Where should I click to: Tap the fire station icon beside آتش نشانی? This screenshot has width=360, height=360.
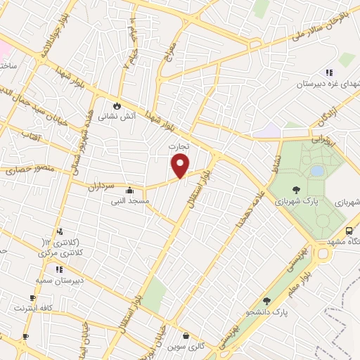click(117, 106)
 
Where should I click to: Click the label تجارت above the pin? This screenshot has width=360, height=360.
click(179, 146)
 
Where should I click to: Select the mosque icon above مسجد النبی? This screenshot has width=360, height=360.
click(129, 190)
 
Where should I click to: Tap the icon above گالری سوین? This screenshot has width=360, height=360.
click(185, 336)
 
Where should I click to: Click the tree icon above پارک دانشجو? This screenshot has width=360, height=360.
click(266, 301)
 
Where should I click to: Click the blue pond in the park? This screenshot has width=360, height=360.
click(317, 171)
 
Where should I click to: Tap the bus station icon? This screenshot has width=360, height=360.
click(349, 231)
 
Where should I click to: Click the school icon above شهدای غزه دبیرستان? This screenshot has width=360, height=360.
click(328, 72)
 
